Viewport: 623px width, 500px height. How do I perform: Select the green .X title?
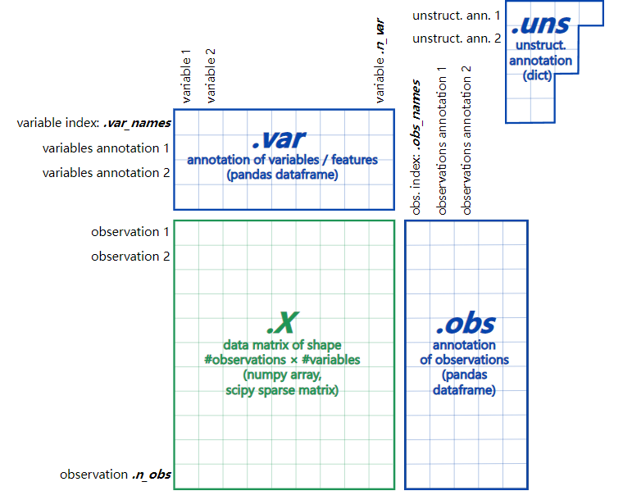click(283, 322)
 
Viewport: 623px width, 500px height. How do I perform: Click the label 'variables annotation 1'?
click(106, 148)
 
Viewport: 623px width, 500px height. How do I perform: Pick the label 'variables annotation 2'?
click(106, 173)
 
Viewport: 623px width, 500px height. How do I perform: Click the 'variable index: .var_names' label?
click(93, 123)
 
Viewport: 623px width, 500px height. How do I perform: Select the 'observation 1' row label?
click(130, 232)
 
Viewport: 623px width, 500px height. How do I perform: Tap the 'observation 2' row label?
click(130, 257)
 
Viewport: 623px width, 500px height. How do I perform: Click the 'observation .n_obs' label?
click(115, 475)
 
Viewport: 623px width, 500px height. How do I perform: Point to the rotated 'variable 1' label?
click(186, 75)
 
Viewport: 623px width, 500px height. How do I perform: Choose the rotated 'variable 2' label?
click(211, 75)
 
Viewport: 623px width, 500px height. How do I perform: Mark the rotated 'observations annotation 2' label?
click(466, 140)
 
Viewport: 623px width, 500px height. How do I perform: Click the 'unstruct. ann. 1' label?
click(455, 16)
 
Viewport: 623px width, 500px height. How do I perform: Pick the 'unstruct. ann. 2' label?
click(455, 39)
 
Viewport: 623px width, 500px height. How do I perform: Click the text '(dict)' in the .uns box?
click(538, 75)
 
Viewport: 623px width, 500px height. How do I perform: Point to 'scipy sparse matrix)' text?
click(282, 391)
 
